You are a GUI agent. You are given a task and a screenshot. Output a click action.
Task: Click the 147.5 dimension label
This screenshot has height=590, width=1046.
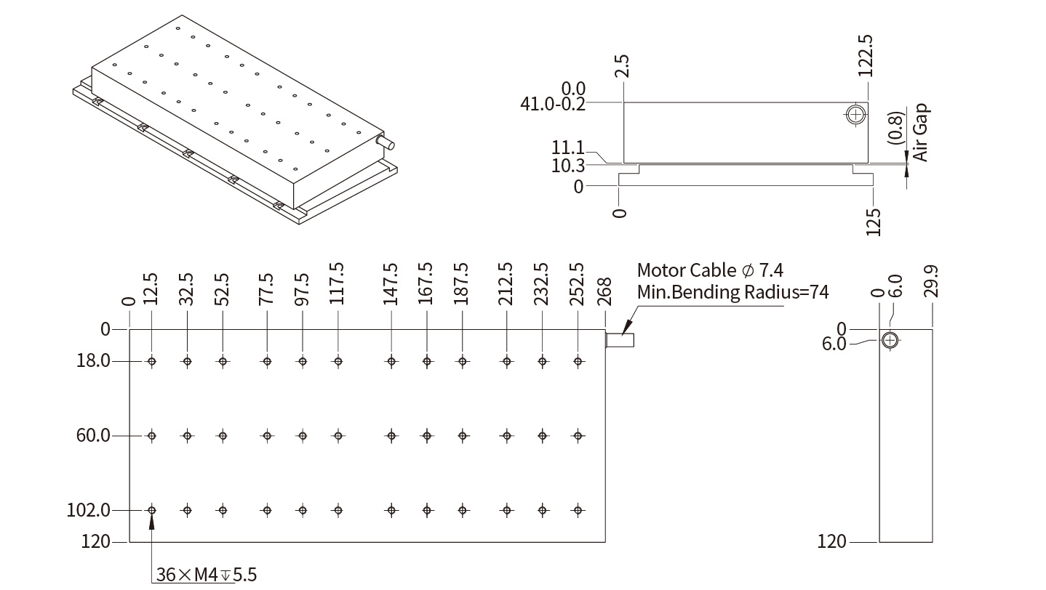pos(391,284)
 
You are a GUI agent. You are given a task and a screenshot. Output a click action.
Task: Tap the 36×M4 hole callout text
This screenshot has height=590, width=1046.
pos(207,575)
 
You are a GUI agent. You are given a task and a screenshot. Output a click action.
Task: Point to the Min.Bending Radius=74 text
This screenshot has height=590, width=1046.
pos(732,292)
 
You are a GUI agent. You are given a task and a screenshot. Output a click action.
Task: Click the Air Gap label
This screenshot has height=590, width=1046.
pos(920,132)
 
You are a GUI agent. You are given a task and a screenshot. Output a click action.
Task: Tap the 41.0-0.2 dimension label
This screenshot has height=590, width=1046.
pos(553,104)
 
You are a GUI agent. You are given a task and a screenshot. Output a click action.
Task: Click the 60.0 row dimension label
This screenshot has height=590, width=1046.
pos(93,435)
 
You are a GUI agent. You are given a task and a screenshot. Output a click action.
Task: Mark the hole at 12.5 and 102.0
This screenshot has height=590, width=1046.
pos(152,510)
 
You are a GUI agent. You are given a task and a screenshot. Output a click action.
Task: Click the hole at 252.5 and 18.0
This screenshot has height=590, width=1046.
pos(578,361)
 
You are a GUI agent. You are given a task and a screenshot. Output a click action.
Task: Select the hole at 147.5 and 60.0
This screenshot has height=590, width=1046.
pos(391,436)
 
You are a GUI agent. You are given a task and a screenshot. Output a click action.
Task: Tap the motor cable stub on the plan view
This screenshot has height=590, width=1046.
pos(620,339)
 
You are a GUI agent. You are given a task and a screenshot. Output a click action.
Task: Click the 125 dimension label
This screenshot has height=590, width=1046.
pos(874,222)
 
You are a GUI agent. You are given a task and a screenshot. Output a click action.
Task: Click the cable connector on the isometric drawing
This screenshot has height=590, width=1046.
pos(384,141)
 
